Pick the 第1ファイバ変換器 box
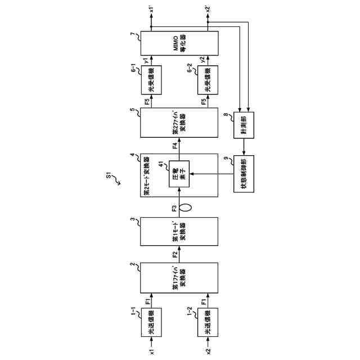coord(179,278)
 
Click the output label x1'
coord(152,9)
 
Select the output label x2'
coord(208,9)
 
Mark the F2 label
coord(175,254)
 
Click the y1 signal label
coord(147,61)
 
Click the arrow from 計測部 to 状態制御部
coord(244,148)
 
